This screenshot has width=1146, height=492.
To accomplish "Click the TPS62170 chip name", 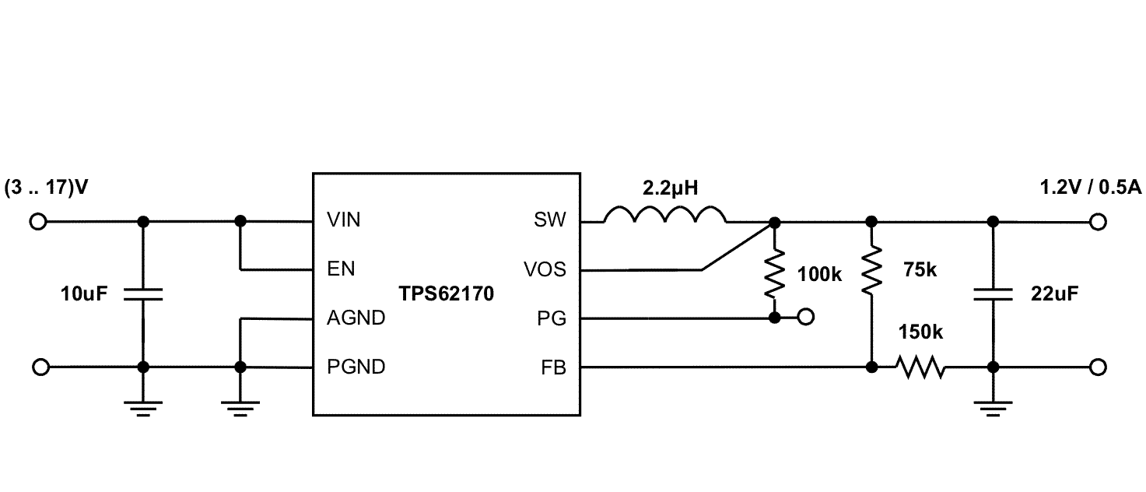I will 446,294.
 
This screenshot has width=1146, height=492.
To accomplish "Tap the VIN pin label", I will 344,221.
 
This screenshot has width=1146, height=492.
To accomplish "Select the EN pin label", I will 341,269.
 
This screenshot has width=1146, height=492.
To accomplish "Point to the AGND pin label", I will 356,318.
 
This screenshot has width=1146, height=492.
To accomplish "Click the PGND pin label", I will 356,367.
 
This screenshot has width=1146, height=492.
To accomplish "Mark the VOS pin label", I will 545,269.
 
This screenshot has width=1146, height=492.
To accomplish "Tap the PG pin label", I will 555,318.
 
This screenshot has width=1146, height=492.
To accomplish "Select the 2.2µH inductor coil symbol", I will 666,216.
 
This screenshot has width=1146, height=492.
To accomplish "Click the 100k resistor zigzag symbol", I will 773,273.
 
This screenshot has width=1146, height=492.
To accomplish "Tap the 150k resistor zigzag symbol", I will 920,367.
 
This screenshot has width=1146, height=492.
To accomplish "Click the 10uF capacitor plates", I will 143,293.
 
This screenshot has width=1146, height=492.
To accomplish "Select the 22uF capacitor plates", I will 993,293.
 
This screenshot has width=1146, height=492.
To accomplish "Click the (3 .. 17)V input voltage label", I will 47,188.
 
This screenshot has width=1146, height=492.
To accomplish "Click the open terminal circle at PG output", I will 806,318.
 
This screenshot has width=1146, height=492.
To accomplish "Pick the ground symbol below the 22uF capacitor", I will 993,408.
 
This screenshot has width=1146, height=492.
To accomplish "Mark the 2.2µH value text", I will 669,188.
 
